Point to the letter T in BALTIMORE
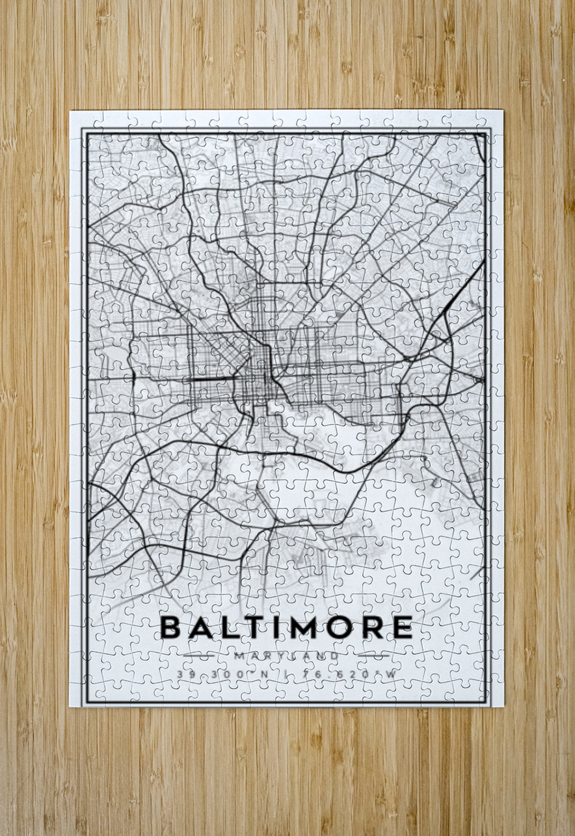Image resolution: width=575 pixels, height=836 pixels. (254, 627)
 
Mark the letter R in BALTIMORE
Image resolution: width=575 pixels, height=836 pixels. (371, 627)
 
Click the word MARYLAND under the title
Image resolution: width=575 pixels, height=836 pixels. (287, 656)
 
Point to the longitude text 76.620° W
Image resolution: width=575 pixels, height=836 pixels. (349, 674)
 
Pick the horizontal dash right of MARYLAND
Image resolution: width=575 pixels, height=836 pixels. (368, 656)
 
